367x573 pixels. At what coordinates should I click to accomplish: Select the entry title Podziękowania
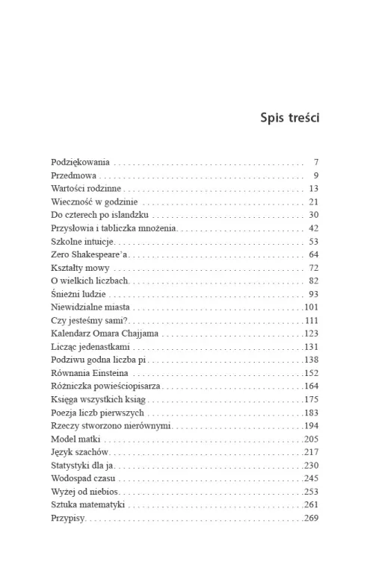pyautogui.click(x=81, y=162)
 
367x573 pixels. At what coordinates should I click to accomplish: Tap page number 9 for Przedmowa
pyautogui.click(x=316, y=175)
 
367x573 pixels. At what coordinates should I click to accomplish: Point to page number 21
pyautogui.click(x=314, y=202)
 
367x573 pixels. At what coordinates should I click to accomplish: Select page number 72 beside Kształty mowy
pyautogui.click(x=314, y=268)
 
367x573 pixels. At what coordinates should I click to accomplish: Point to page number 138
pyautogui.click(x=312, y=360)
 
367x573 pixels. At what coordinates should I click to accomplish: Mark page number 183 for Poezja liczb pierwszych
pyautogui.click(x=312, y=413)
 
